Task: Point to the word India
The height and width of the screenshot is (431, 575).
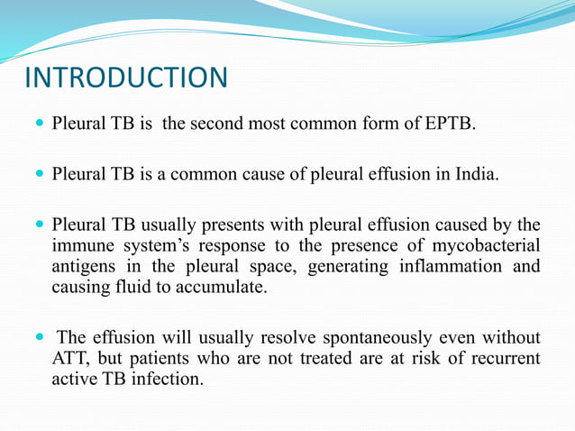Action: click(472, 172)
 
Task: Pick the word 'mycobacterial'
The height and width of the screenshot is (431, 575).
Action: click(491, 245)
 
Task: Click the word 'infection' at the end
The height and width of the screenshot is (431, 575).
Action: click(168, 380)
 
